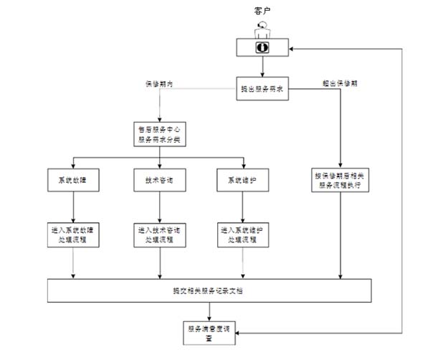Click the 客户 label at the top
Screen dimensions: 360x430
(x=262, y=10)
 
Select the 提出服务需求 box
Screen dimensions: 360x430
(x=263, y=90)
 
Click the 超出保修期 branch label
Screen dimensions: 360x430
(x=340, y=84)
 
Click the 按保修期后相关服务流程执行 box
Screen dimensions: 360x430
(x=340, y=179)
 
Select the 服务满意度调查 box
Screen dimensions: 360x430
(x=209, y=332)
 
